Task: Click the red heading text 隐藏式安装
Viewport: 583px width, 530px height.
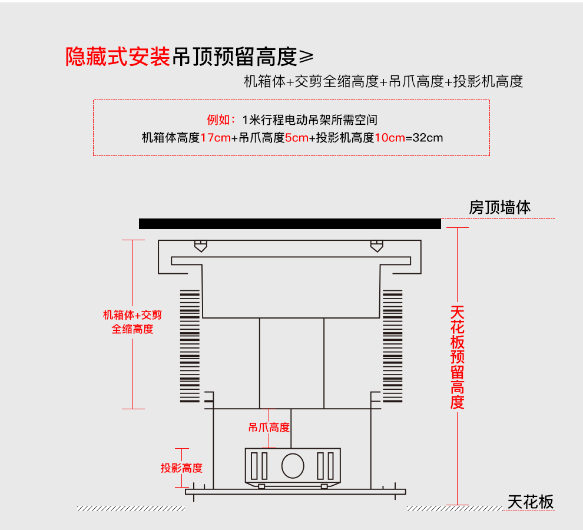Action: point(118,57)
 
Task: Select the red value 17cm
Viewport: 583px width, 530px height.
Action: point(215,138)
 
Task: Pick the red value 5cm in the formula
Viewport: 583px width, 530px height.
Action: point(296,138)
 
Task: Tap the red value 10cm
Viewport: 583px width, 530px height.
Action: point(390,138)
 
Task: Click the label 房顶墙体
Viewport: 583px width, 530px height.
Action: point(500,207)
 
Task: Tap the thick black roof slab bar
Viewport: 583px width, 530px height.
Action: point(290,224)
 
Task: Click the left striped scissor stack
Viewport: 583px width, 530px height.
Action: point(190,346)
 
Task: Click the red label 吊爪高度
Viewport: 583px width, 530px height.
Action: point(269,428)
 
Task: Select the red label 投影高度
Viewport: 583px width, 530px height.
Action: point(181,468)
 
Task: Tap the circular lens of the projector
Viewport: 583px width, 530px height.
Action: point(292,465)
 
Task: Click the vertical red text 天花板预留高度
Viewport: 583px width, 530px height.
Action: point(458,357)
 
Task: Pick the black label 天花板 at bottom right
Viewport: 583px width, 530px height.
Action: point(531,502)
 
